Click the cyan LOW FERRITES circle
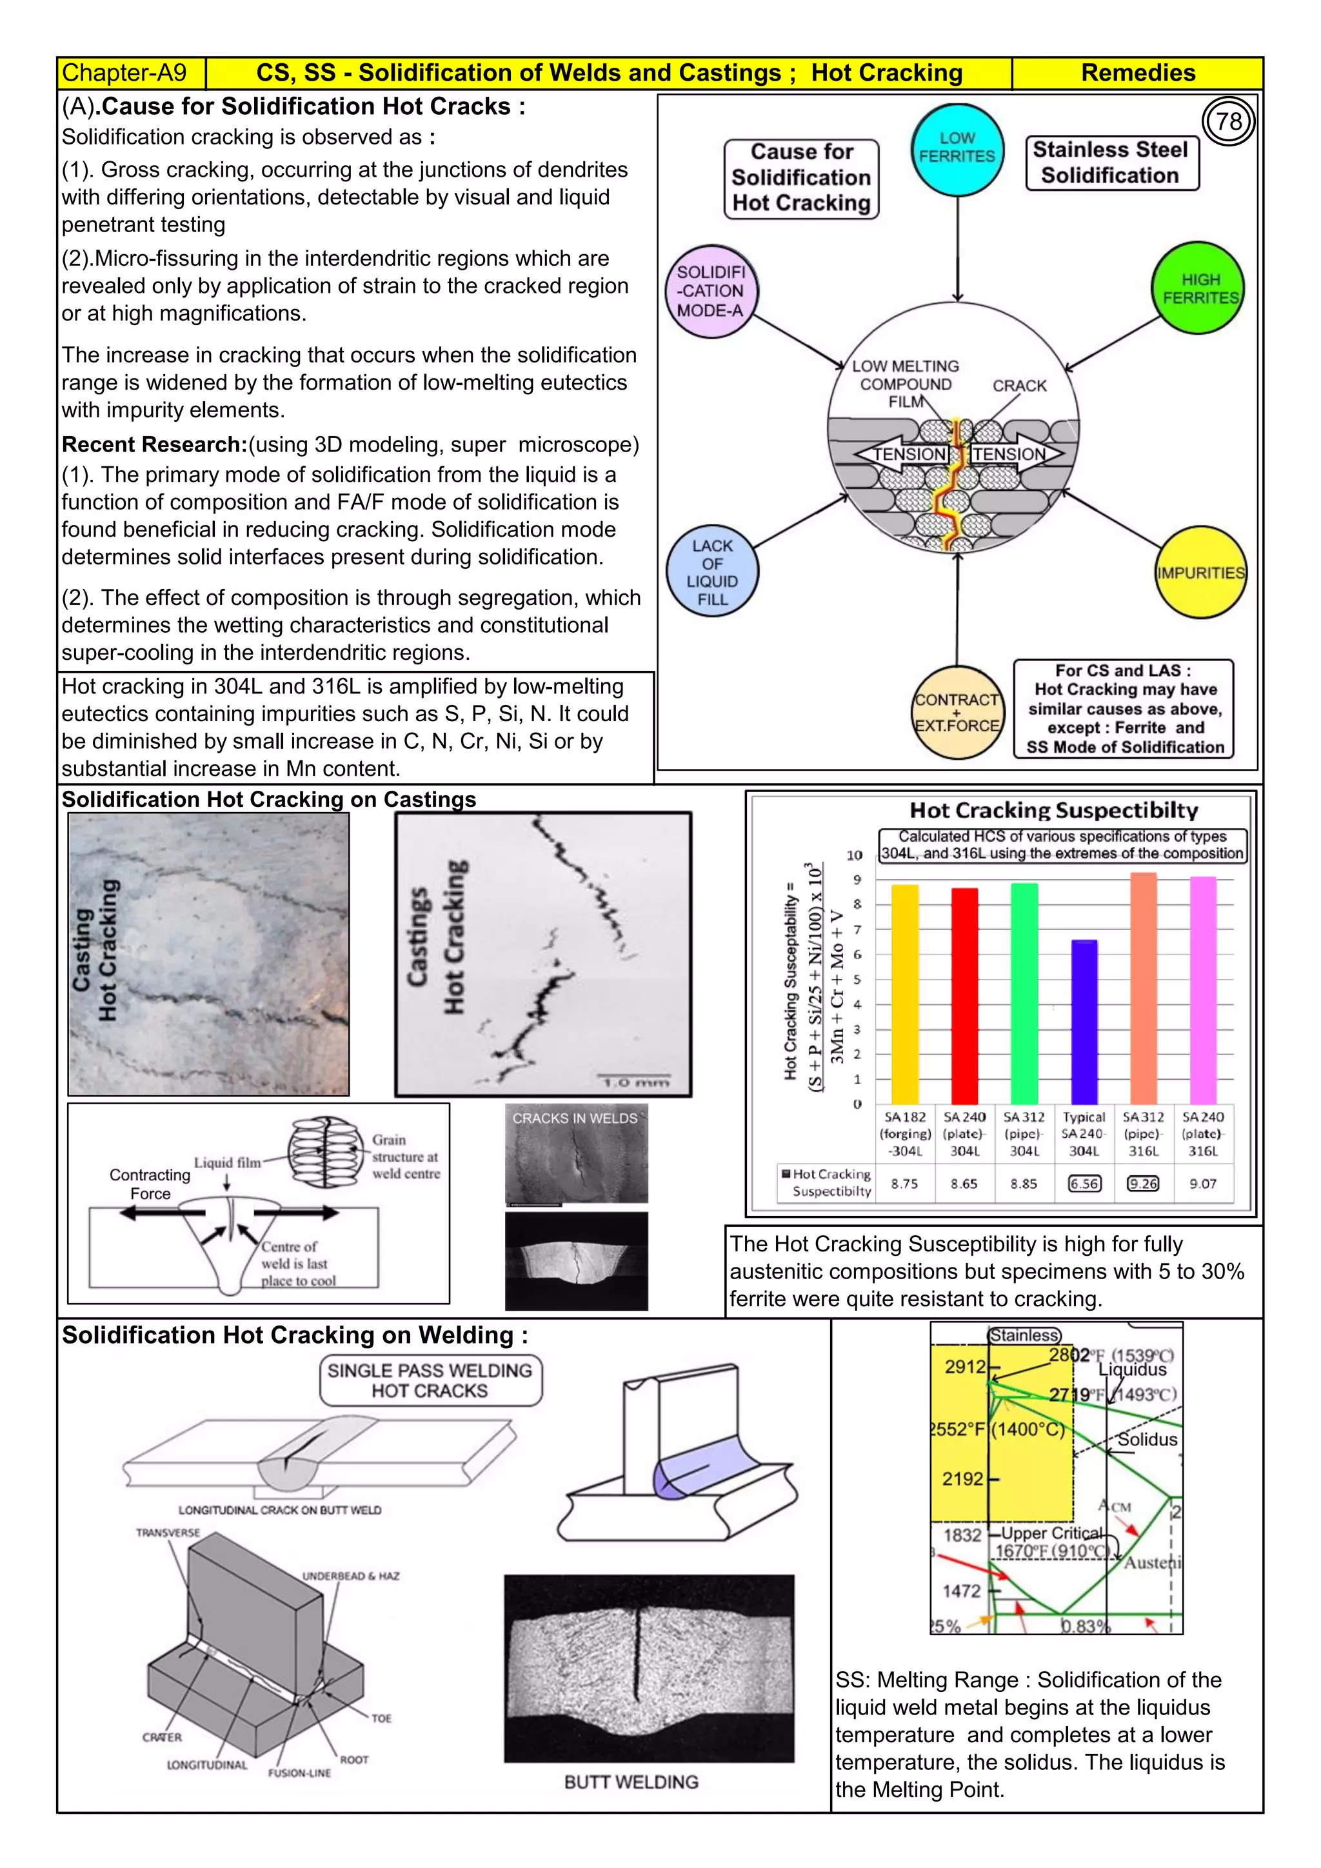point(957,149)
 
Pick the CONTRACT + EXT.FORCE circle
point(957,713)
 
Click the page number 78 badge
point(1228,121)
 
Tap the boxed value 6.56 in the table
point(1084,1184)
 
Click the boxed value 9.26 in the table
point(1143,1184)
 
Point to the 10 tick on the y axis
point(854,855)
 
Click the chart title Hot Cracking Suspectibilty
point(1053,810)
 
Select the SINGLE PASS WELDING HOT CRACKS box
point(430,1380)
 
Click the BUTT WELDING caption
point(631,1782)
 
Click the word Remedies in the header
point(1137,74)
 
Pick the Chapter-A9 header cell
point(124,74)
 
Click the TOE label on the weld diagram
point(381,1718)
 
